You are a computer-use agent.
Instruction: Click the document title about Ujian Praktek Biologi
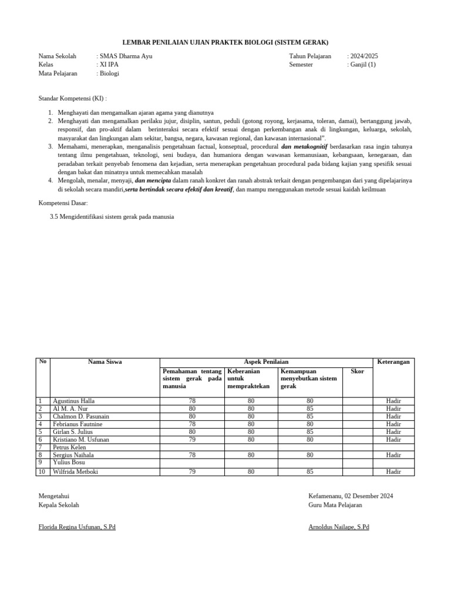(x=225, y=42)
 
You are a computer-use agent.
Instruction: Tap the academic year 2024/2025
(x=364, y=56)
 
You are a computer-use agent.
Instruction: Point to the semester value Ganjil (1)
(x=362, y=65)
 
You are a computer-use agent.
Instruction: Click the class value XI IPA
(x=109, y=65)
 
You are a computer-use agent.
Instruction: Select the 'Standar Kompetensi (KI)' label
(x=73, y=98)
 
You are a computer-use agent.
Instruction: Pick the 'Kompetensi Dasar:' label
(x=63, y=203)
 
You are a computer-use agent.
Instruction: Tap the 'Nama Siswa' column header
(x=105, y=362)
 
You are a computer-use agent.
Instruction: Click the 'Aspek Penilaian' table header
(x=266, y=362)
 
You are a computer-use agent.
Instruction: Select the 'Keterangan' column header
(x=393, y=362)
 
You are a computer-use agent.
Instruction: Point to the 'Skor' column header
(x=357, y=371)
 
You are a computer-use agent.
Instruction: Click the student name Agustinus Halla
(x=73, y=401)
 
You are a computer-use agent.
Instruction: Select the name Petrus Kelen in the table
(x=69, y=447)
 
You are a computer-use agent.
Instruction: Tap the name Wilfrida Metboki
(x=76, y=471)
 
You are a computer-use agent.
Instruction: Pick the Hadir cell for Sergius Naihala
(x=393, y=455)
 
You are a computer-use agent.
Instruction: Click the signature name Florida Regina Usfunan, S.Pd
(x=77, y=527)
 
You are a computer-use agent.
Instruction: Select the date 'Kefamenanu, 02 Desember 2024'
(x=351, y=496)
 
